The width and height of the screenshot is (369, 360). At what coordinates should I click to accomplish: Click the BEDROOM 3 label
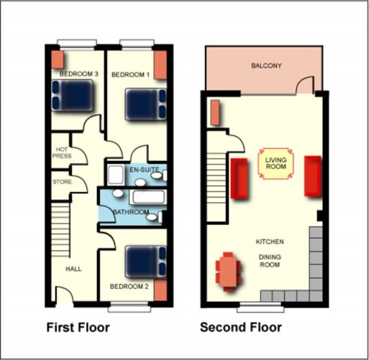click(78, 74)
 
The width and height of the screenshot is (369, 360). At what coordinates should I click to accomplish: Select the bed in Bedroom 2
click(146, 262)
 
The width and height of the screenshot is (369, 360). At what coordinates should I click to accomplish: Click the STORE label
click(62, 182)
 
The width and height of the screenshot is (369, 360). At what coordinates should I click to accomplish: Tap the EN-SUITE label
click(144, 170)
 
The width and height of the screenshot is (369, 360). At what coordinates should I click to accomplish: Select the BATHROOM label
click(131, 212)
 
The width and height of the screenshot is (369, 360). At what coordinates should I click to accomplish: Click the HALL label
click(73, 269)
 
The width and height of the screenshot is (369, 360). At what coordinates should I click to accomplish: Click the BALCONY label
click(265, 65)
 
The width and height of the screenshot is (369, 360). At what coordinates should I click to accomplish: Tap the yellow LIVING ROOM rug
click(275, 163)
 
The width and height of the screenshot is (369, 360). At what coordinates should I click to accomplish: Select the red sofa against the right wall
click(313, 175)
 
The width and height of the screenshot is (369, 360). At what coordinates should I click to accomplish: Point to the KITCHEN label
click(270, 241)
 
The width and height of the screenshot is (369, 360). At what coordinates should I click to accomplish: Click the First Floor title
click(78, 328)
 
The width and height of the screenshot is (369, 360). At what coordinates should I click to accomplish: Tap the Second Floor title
click(240, 328)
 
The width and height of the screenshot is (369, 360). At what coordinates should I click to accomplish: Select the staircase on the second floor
click(217, 172)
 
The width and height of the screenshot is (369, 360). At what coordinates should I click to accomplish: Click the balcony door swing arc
click(305, 86)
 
